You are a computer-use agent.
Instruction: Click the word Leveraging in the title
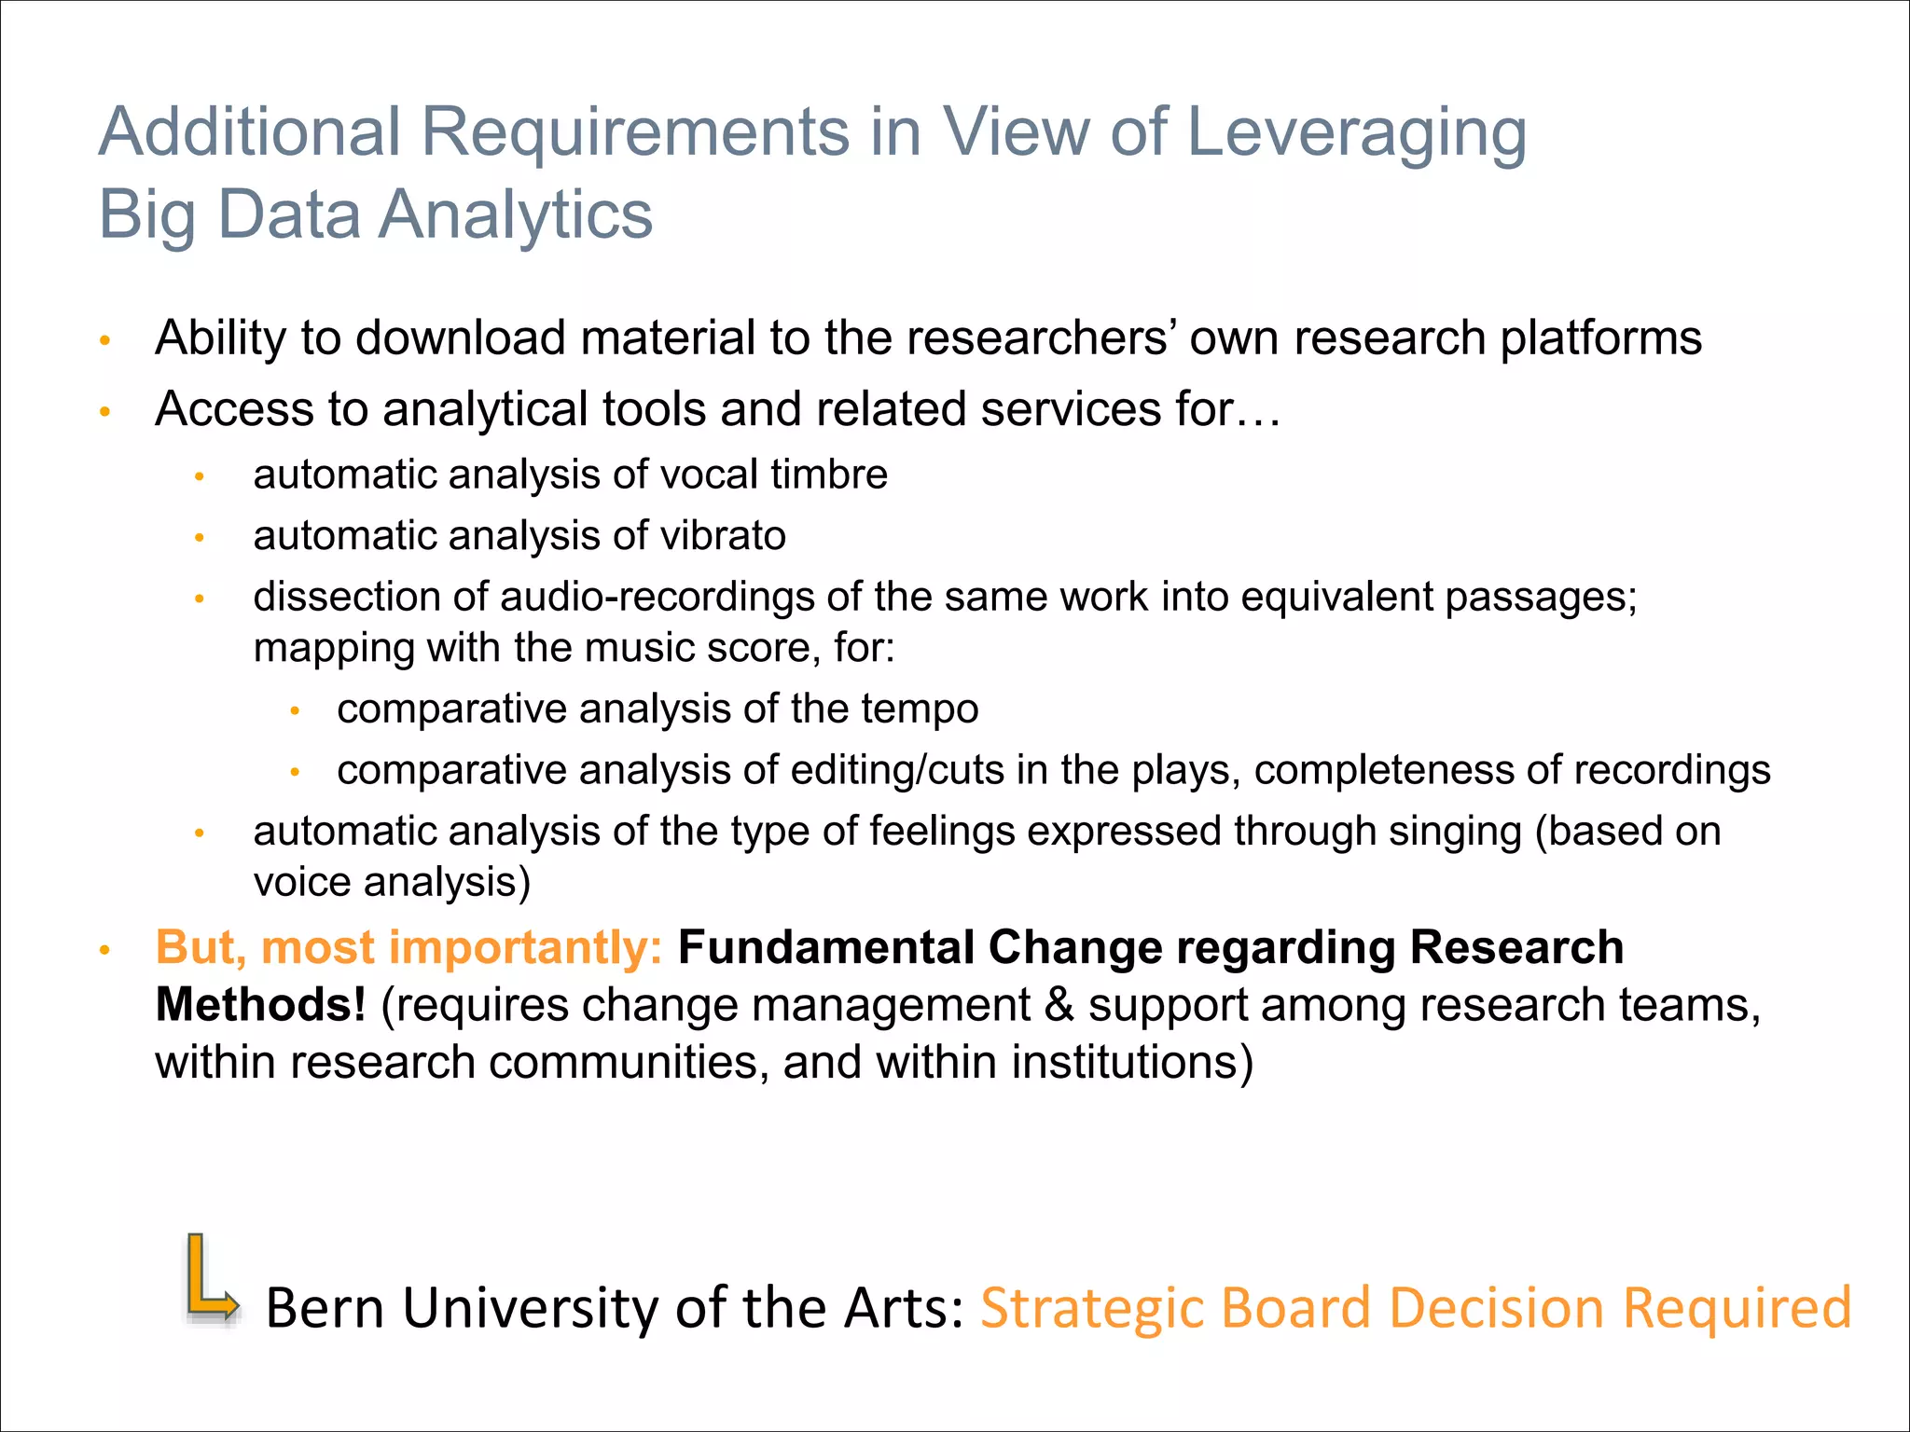1357,133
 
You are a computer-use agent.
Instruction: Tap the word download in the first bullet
461,337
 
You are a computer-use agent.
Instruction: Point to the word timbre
829,475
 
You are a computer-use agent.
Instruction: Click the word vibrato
723,536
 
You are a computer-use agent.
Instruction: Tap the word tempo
920,709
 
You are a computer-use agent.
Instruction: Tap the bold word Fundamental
825,948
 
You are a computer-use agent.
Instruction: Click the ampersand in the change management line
1059,1006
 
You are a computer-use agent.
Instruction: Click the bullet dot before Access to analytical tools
105,411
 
